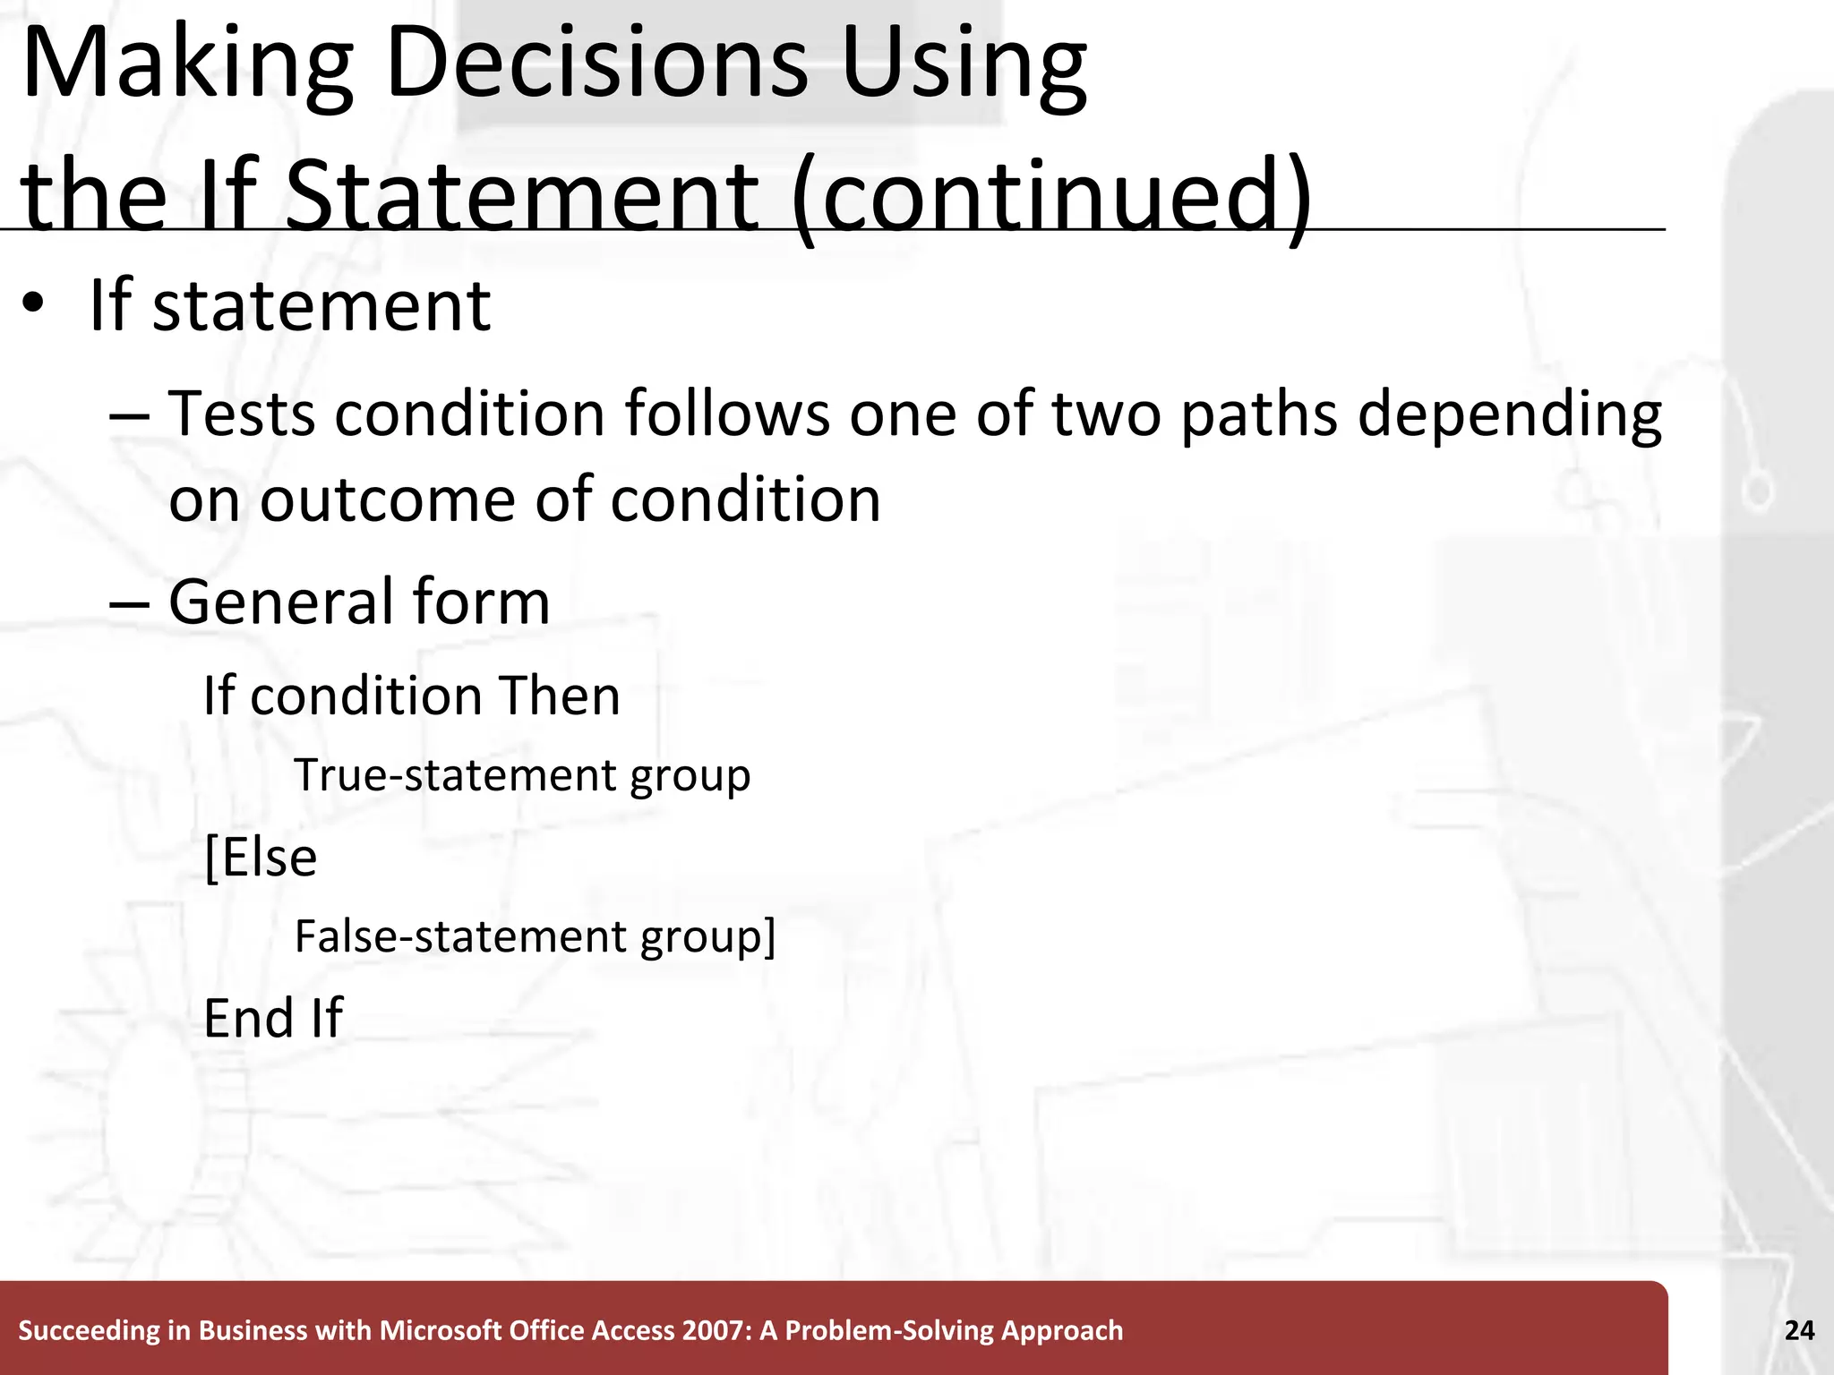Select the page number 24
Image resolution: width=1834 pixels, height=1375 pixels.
[x=1799, y=1331]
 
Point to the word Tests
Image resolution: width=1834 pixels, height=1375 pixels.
[x=242, y=414]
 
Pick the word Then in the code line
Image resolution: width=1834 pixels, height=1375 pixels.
[x=559, y=696]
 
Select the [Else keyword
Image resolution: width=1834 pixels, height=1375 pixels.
[x=261, y=858]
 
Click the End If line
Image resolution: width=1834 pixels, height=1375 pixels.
[x=272, y=1018]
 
